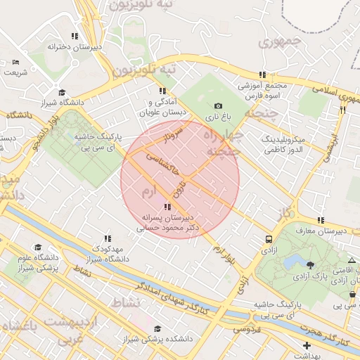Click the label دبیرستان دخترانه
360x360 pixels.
tap(70, 46)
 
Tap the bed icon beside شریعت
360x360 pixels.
tap(16, 63)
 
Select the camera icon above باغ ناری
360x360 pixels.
tap(218, 106)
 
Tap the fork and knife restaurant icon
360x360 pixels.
tap(342, 110)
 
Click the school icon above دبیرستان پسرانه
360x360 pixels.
tap(167, 207)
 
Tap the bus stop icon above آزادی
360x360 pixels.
tap(269, 238)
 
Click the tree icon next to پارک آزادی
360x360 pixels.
tap(310, 264)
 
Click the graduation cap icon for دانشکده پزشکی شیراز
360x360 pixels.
tap(157, 328)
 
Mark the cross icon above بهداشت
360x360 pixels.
tap(307, 345)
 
